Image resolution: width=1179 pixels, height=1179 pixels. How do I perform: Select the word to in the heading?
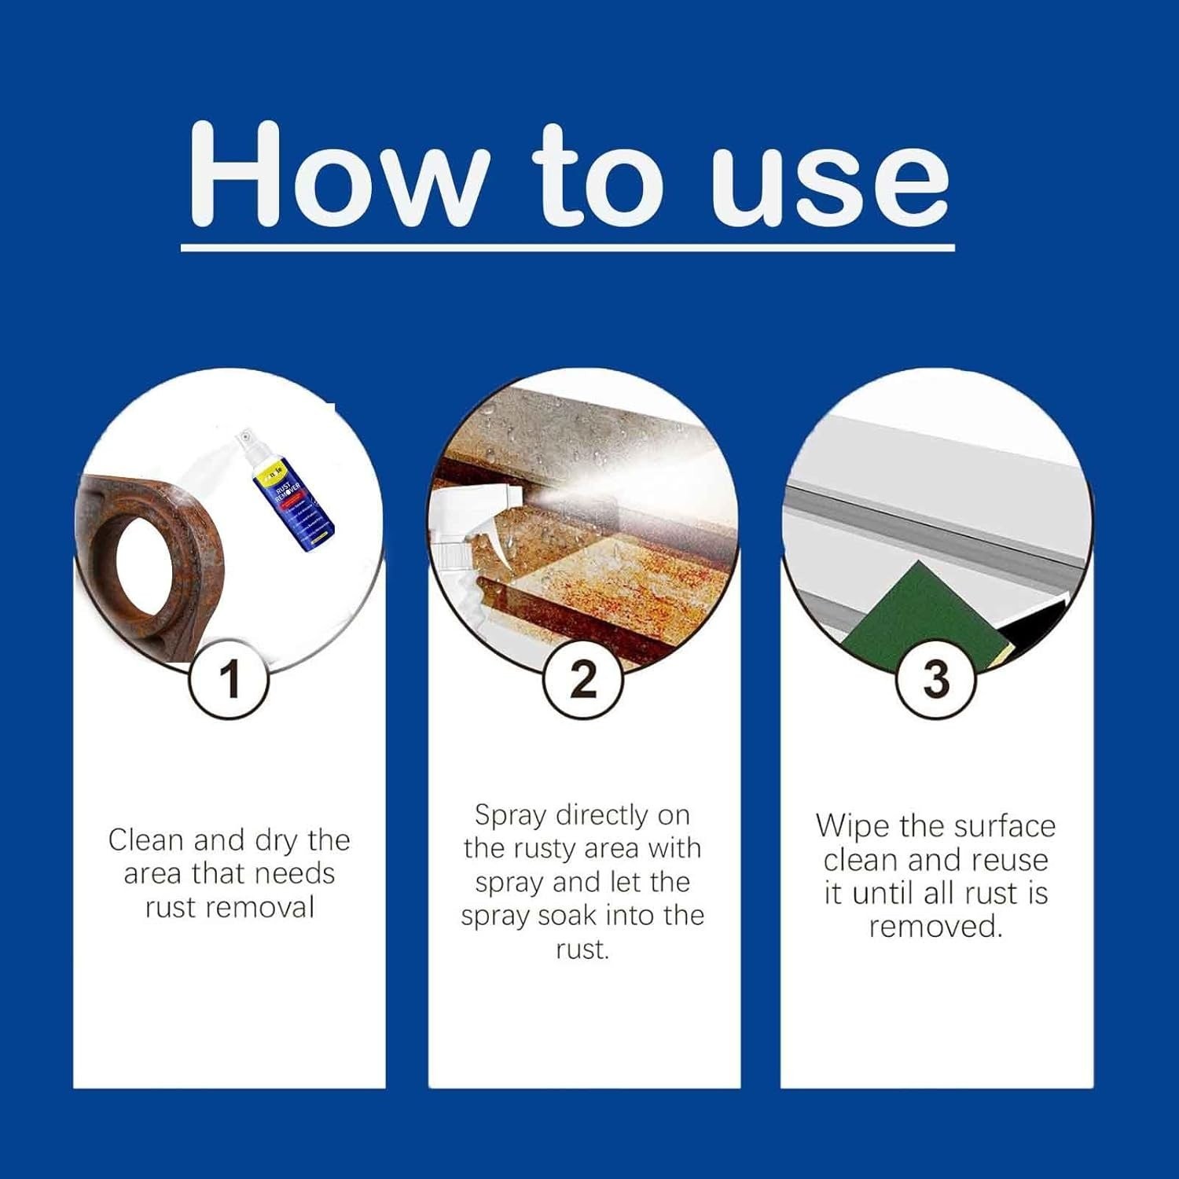point(597,177)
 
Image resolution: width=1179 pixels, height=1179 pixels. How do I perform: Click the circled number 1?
point(229,679)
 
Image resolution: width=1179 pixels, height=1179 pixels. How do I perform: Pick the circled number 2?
point(583,679)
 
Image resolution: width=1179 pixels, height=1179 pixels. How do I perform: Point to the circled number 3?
point(935,679)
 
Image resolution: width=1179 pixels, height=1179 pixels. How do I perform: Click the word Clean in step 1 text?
point(146,840)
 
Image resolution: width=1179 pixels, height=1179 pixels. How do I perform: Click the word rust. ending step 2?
point(582,949)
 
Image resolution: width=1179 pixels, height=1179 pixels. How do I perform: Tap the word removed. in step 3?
point(935,927)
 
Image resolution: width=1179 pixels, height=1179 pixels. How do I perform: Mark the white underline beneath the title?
point(567,248)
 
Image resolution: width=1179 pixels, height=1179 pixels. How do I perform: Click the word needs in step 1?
point(295,874)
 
